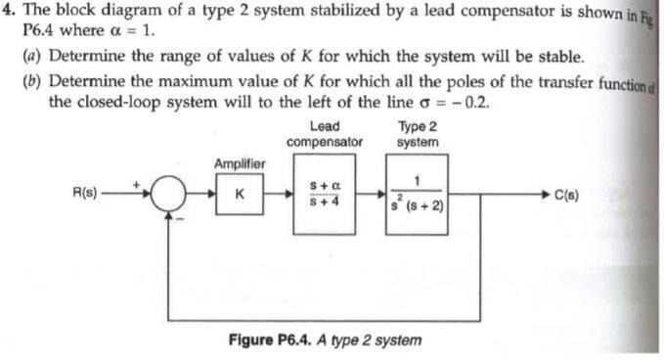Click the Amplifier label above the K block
[240, 162]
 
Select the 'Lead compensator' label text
[324, 133]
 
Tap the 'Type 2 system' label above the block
[419, 133]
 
